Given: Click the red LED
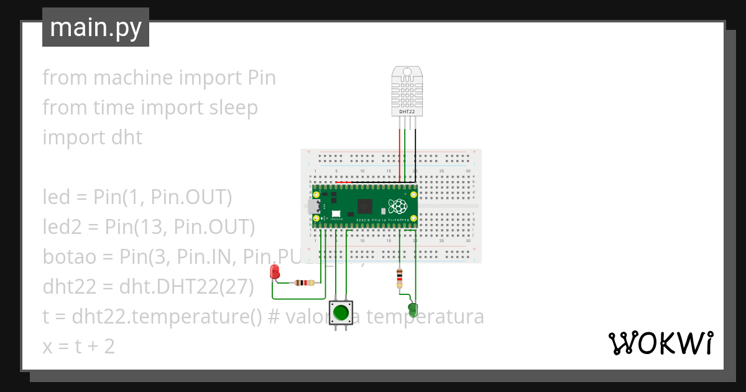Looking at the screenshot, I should (275, 271).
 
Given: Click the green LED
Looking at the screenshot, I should (413, 309).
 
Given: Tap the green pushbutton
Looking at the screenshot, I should (340, 312).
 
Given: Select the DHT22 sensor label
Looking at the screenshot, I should (407, 111).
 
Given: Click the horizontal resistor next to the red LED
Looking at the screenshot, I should (304, 283).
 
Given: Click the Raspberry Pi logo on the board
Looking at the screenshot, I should (397, 207).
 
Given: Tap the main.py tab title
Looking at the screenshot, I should (96, 28).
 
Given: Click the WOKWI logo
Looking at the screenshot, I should (660, 343).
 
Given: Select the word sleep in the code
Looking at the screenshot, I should (231, 108).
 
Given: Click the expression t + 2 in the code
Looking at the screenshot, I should (93, 347).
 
